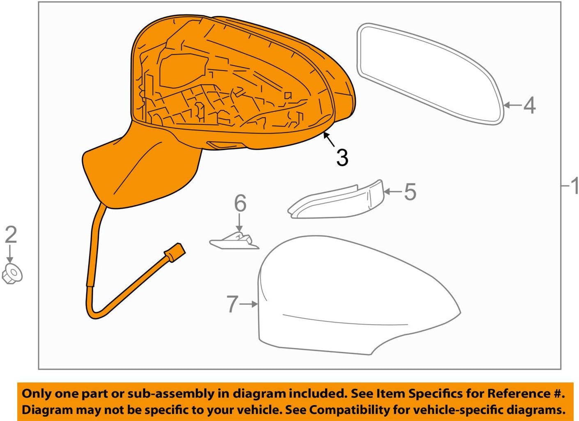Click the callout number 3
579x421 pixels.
coord(342,158)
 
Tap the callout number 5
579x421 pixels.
coord(410,192)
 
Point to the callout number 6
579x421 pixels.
coord(240,203)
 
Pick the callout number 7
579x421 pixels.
coord(232,304)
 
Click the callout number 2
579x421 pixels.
coord(11,235)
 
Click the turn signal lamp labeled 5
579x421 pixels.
coord(336,200)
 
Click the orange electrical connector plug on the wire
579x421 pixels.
coord(175,252)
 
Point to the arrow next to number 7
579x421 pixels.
coord(249,304)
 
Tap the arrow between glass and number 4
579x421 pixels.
coord(512,105)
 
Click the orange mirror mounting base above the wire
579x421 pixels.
coord(135,172)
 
